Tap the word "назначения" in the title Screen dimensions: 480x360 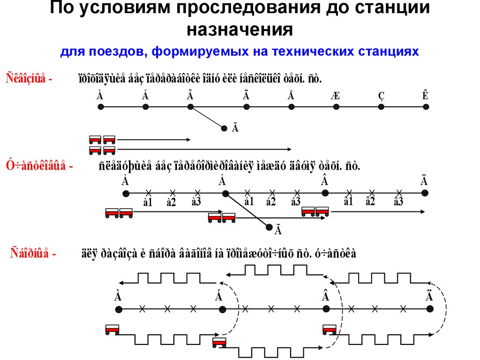pos(240,30)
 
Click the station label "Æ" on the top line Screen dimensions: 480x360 pos(335,96)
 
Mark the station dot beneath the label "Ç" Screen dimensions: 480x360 pos(381,107)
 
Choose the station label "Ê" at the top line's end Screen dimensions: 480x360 pos(425,96)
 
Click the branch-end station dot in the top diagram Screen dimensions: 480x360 pos(225,127)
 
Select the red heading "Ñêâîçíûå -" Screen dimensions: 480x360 pos(29,78)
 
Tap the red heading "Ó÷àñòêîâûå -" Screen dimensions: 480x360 pos(39,166)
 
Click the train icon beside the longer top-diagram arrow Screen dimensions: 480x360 pos(102,150)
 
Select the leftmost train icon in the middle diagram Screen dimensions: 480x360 pos(119,213)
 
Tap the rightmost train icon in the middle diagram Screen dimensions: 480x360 pos(315,211)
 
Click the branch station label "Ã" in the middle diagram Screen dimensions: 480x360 pos(278,231)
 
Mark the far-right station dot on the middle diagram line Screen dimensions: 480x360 pos(424,193)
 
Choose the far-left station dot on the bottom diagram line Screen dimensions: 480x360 pos(119,309)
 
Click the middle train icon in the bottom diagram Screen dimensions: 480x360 pos(219,343)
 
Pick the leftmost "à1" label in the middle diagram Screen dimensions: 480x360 pos(148,202)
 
